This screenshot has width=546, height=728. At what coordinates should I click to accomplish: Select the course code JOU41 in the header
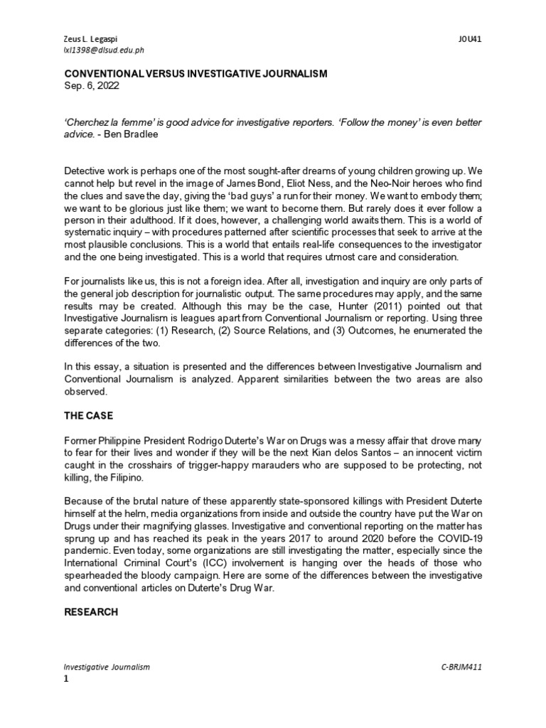click(470, 40)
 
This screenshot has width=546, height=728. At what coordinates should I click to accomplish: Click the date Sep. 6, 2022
click(92, 85)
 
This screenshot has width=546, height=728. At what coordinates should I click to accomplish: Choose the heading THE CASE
click(90, 416)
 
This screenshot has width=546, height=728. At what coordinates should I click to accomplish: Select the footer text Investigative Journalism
click(107, 668)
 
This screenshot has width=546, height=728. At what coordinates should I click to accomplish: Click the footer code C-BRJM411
click(461, 668)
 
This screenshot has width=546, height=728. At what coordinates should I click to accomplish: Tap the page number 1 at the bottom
click(67, 679)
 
